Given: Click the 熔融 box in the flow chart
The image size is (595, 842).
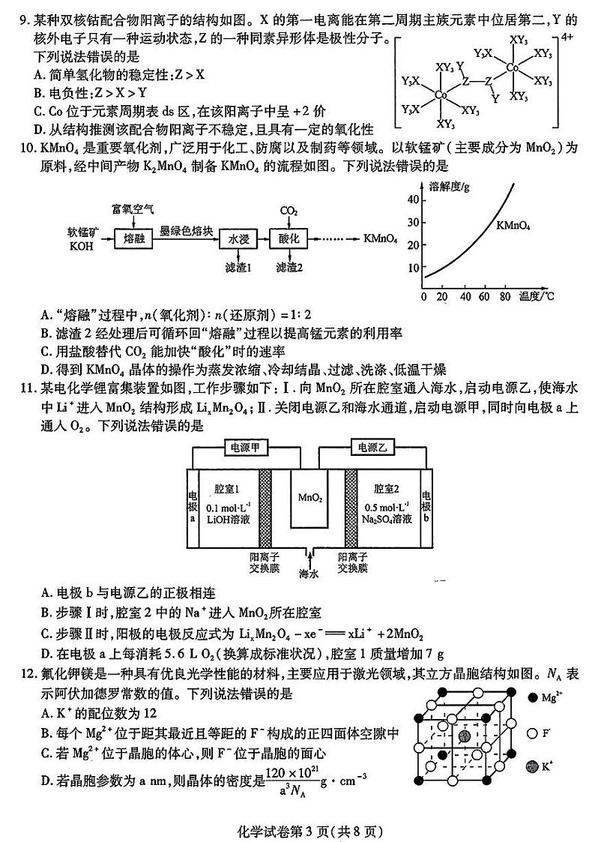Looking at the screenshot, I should click(133, 239).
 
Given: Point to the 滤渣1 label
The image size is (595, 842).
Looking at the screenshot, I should click(238, 268).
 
